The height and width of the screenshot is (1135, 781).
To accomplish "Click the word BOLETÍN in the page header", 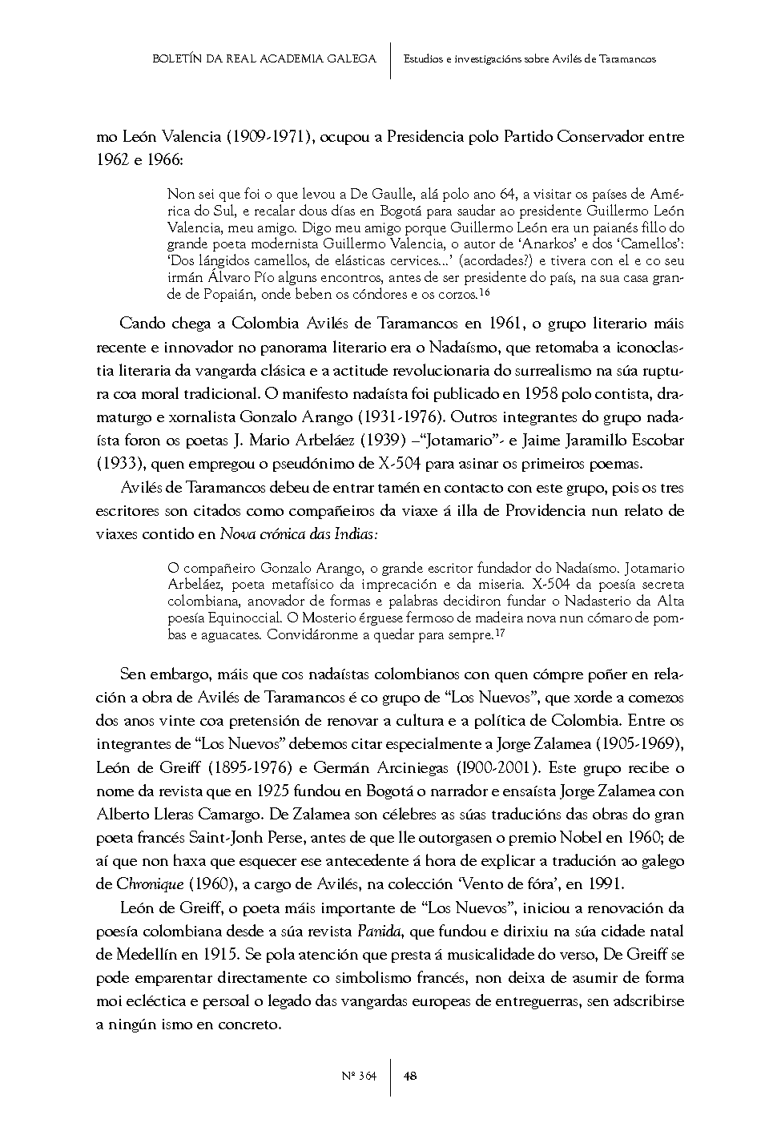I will [175, 58].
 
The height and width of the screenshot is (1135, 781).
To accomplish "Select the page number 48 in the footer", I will [409, 1076].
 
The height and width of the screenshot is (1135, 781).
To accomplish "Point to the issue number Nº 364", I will [359, 1076].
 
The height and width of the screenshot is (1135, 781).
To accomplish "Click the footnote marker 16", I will [485, 292].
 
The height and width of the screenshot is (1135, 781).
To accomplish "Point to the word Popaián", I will [214, 295].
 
